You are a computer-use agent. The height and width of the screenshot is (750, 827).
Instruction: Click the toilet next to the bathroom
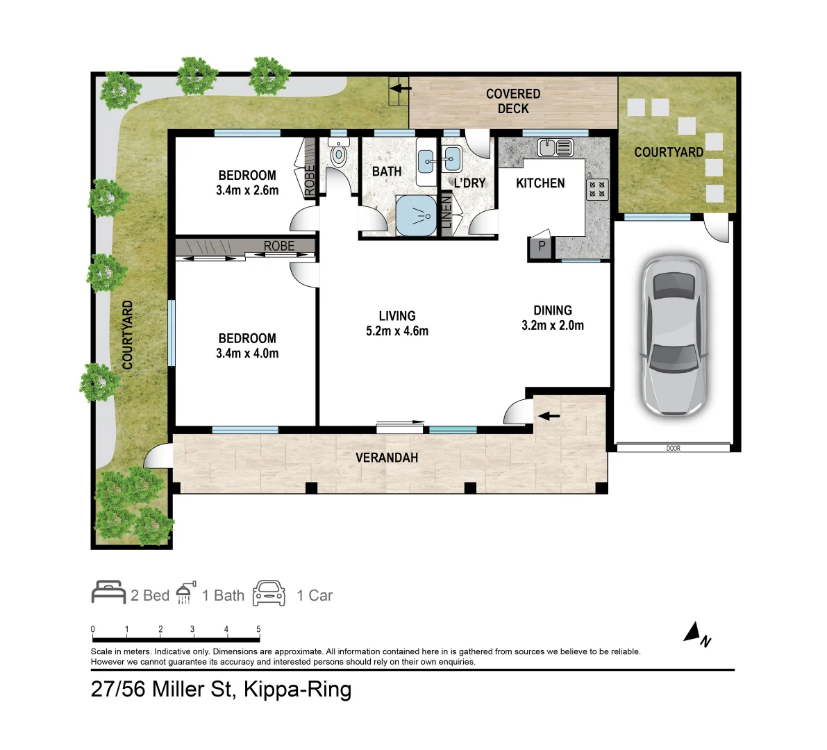pos(338,152)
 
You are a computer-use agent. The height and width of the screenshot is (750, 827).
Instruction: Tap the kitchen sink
pos(555,148)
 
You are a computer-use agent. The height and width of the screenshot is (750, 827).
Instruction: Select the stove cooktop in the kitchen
pos(597,190)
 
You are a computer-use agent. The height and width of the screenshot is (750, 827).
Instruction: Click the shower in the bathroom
pos(416,215)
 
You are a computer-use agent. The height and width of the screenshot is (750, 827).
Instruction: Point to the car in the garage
pos(673,335)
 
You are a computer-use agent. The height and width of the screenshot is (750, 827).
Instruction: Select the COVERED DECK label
pos(513,101)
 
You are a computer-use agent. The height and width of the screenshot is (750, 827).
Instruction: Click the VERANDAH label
pos(387,457)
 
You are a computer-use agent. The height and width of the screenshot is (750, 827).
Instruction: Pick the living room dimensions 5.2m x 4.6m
pos(397,331)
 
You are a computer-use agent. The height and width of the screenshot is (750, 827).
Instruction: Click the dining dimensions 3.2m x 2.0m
pos(553,326)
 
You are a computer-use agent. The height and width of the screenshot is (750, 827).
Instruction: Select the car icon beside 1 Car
pos(269,593)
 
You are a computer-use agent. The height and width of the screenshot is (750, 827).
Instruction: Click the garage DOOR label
pos(674,449)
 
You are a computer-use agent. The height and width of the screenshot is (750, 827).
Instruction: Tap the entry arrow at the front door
pos(549,416)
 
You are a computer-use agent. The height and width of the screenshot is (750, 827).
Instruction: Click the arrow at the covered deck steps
pos(401,87)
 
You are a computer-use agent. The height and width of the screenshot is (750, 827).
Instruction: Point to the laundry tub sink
pos(452,159)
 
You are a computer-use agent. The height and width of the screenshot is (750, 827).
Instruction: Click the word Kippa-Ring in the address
pos(297,690)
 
